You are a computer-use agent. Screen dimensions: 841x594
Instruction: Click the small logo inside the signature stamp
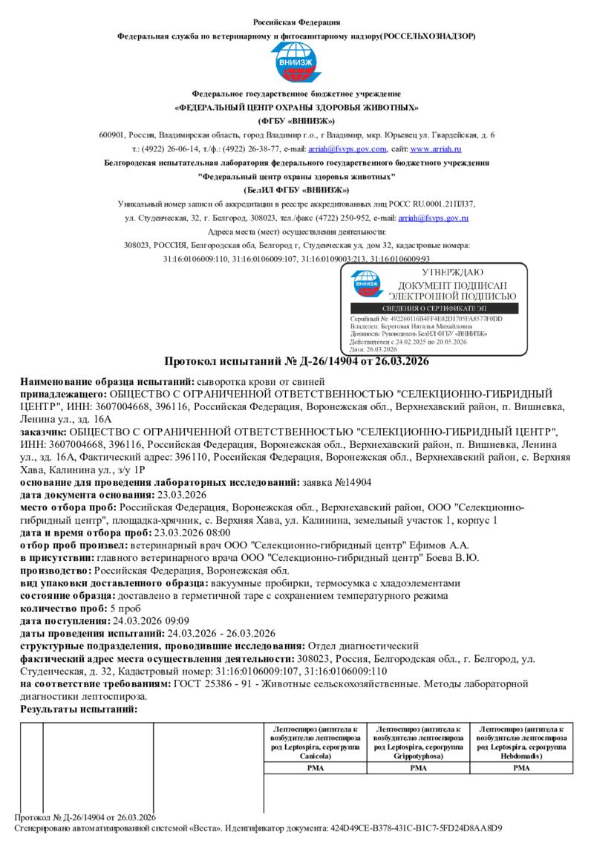point(366,283)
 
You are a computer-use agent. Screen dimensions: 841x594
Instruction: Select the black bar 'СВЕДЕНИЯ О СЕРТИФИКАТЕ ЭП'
point(434,308)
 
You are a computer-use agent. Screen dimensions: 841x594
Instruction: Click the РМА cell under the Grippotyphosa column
point(419,768)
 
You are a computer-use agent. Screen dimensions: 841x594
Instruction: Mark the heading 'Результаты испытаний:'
point(79,710)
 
